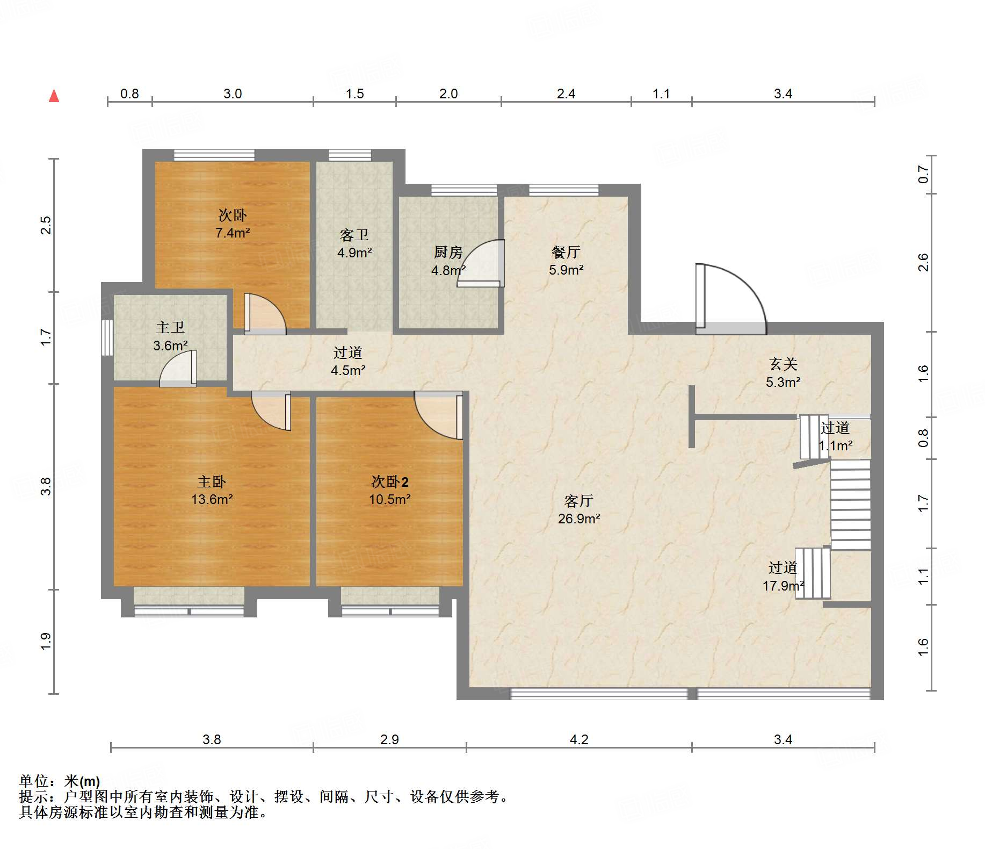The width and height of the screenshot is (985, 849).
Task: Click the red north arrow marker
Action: [x=54, y=96]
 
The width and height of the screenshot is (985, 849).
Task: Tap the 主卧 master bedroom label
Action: [x=212, y=481]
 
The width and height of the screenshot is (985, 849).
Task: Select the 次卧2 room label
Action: [x=390, y=481]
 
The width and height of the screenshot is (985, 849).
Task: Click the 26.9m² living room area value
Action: [x=579, y=519]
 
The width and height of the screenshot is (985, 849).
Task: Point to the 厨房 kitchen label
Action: [x=448, y=251]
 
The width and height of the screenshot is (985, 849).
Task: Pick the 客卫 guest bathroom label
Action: [x=354, y=235]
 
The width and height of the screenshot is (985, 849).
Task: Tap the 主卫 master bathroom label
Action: [x=170, y=327]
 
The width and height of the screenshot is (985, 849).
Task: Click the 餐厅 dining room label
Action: [x=566, y=251]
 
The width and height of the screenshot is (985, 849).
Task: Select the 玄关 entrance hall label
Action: [x=783, y=364]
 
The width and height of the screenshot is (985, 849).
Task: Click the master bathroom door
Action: [x=178, y=369]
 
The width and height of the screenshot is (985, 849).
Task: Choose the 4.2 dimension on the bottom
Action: [x=579, y=739]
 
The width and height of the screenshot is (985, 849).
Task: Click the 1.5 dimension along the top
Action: [x=354, y=93]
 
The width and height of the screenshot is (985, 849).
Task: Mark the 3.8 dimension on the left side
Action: [x=46, y=486]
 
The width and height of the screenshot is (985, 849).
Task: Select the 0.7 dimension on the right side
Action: [x=923, y=174]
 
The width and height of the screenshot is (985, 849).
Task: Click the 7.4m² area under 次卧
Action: [x=233, y=233]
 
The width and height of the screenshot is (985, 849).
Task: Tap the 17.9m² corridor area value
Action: [x=783, y=585]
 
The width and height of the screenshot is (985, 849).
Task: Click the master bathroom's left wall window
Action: [x=107, y=337]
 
